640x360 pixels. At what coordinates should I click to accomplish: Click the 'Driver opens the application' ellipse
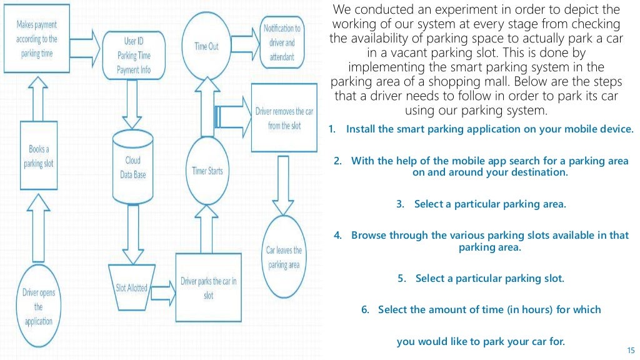pyautogui.click(x=39, y=307)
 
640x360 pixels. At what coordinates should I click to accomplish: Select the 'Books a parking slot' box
pyautogui.click(x=39, y=156)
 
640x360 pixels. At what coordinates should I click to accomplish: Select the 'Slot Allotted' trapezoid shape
pyautogui.click(x=131, y=287)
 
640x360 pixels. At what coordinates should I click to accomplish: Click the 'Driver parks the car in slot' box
pyautogui.click(x=208, y=288)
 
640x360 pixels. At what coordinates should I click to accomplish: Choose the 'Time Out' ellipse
pyautogui.click(x=206, y=46)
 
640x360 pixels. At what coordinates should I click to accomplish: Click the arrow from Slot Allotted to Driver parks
pyautogui.click(x=163, y=288)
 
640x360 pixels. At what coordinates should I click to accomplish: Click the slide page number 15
pyautogui.click(x=629, y=349)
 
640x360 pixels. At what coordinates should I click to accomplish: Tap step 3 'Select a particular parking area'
pyautogui.click(x=481, y=204)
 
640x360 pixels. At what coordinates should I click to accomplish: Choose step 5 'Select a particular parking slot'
pyautogui.click(x=481, y=279)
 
